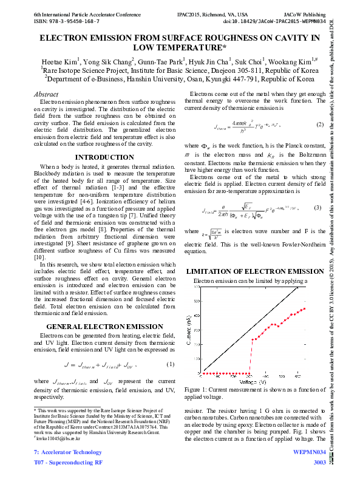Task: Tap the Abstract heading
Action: pyautogui.click(x=46, y=94)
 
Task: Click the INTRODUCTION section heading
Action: pyautogui.click(x=104, y=157)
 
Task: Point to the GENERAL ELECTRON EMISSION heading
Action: pyautogui.click(x=104, y=327)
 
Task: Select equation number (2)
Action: pyautogui.click(x=319, y=124)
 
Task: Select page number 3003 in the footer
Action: pyautogui.click(x=319, y=463)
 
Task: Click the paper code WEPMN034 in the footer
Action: pyautogui.click(x=310, y=452)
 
